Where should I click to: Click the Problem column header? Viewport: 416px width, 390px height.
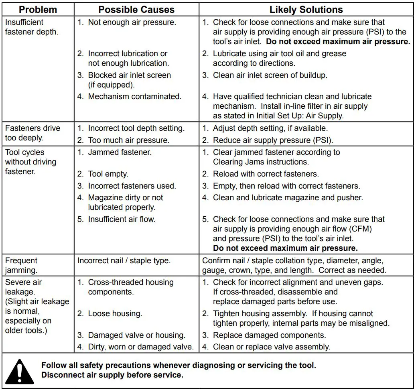[x=38, y=10]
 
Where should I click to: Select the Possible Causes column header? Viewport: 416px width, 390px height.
[x=136, y=10]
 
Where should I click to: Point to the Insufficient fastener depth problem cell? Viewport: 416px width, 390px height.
[x=32, y=27]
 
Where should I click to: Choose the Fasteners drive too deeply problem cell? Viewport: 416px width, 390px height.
[x=32, y=133]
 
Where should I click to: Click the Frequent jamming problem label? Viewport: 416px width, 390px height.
[x=21, y=265]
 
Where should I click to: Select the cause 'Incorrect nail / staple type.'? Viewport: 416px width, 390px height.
[x=124, y=261]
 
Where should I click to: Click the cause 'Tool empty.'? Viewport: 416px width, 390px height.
[x=108, y=174]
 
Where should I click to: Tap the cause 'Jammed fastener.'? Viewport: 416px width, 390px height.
[x=120, y=152]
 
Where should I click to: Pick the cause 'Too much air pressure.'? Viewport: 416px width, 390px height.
[x=129, y=140]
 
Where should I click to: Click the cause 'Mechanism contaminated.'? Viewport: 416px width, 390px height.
[x=135, y=96]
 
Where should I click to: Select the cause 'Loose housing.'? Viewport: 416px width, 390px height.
[x=115, y=314]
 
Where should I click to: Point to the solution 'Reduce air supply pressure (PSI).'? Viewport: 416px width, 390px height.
[x=273, y=140]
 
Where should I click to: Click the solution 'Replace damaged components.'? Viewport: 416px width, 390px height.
[x=269, y=335]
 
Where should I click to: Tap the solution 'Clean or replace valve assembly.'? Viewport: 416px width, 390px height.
[x=271, y=347]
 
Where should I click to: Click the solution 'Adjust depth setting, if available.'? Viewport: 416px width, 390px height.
[x=270, y=128]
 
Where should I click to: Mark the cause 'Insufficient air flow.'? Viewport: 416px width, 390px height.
[x=122, y=219]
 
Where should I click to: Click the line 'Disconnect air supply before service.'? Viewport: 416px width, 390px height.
[x=112, y=375]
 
